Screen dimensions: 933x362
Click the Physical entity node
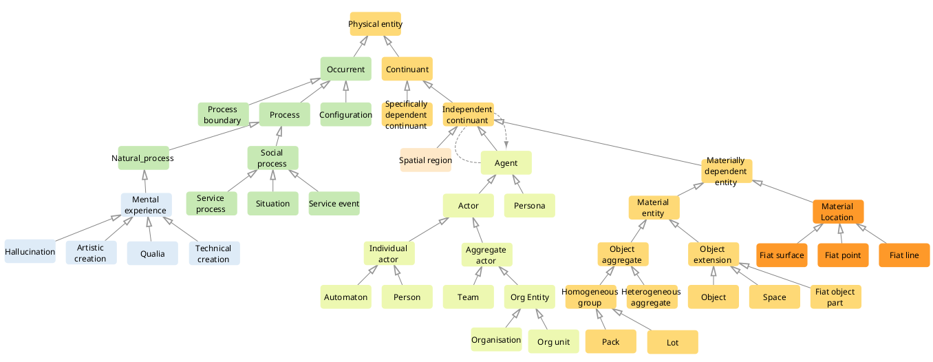click(375, 24)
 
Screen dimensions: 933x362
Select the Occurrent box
click(345, 69)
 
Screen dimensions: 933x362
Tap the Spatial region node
click(425, 160)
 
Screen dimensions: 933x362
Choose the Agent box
click(506, 162)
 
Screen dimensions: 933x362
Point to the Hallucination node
click(30, 251)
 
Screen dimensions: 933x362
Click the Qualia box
click(153, 253)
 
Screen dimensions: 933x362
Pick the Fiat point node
click(843, 255)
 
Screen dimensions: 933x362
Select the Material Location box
click(838, 211)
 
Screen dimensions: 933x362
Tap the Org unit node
click(554, 341)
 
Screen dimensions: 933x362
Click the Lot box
click(673, 342)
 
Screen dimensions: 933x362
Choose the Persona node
click(529, 205)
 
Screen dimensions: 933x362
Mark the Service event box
click(334, 203)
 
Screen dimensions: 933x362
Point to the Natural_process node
click(143, 158)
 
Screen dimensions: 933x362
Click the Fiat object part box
click(836, 297)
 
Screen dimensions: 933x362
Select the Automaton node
click(345, 297)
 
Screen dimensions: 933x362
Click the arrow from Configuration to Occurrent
click(345, 92)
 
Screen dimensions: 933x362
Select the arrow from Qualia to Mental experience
click(149, 229)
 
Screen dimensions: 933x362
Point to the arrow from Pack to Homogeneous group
click(601, 319)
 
